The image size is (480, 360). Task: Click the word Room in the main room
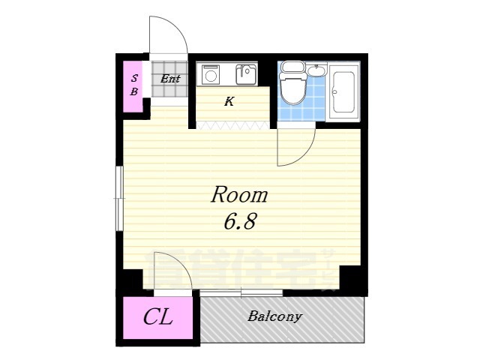click(x=238, y=196)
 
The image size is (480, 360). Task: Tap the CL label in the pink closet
click(x=157, y=317)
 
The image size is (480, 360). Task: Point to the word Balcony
click(x=274, y=316)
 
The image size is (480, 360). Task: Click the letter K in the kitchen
click(x=229, y=101)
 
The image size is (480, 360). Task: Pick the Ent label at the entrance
click(x=170, y=77)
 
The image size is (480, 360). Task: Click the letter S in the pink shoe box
click(x=135, y=78)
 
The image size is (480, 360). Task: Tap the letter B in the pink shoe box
click(x=135, y=92)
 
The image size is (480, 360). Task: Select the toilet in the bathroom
click(x=292, y=83)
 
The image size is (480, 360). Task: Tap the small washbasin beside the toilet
click(x=316, y=71)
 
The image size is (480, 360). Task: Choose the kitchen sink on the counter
click(x=245, y=74)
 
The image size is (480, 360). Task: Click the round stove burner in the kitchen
click(x=210, y=75)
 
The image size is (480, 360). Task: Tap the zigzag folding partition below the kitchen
click(x=232, y=125)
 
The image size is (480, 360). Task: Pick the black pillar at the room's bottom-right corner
click(x=353, y=279)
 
